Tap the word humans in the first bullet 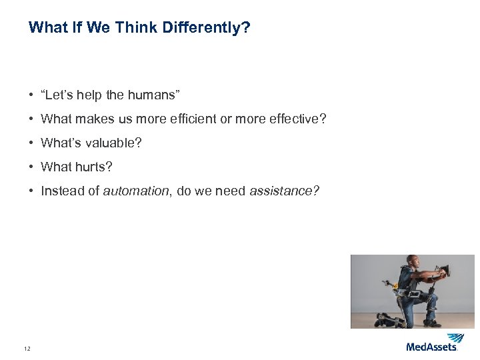(151, 95)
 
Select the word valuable (115, 143)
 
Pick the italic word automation (137, 191)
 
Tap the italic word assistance (284, 191)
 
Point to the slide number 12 (27, 348)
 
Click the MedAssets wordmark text (431, 347)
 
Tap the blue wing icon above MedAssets (455, 338)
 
